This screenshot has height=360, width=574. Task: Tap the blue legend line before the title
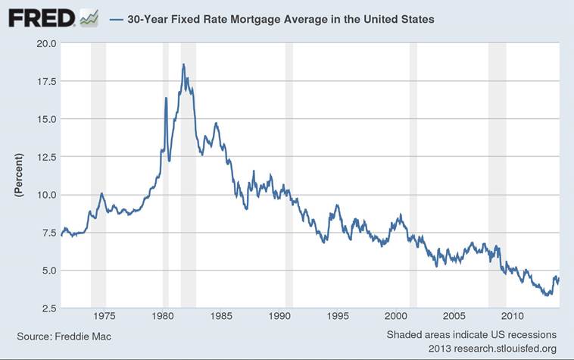coord(117,20)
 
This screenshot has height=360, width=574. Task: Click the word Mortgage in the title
coord(267,20)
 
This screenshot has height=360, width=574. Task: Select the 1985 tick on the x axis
coord(221,316)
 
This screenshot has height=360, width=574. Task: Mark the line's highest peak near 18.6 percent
coord(183,65)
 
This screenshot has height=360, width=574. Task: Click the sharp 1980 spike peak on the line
coord(166,98)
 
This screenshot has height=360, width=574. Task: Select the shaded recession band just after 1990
coord(289,174)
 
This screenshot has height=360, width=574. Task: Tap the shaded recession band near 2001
coord(413,174)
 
